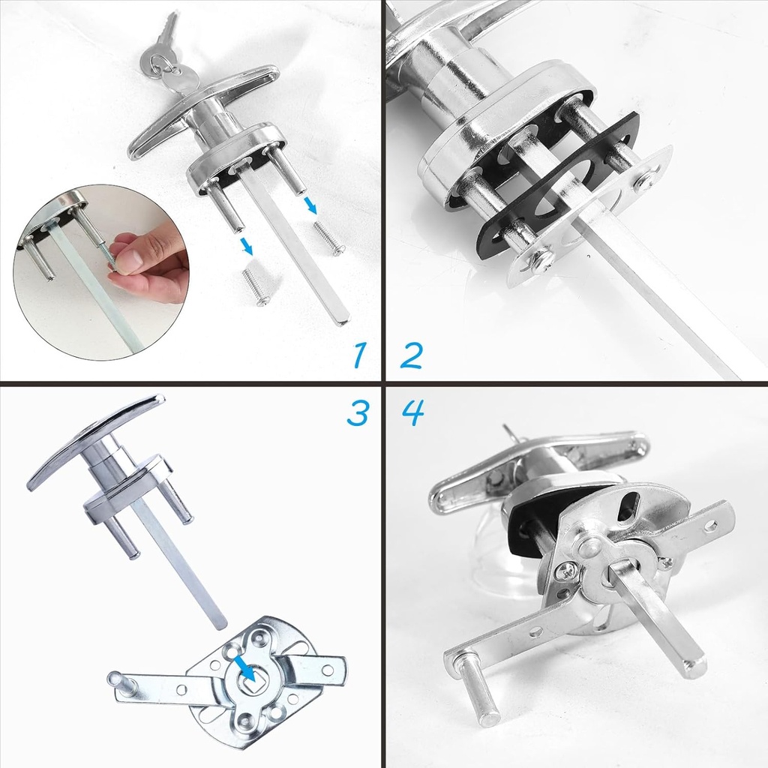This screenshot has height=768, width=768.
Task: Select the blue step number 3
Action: click(358, 412)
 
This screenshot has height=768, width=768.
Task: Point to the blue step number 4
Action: click(412, 412)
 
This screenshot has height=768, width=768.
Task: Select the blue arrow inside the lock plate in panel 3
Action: click(244, 667)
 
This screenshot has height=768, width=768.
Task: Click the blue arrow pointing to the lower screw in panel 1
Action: click(246, 246)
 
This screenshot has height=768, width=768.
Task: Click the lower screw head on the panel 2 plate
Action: click(541, 260)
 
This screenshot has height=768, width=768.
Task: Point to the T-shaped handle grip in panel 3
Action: click(94, 442)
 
